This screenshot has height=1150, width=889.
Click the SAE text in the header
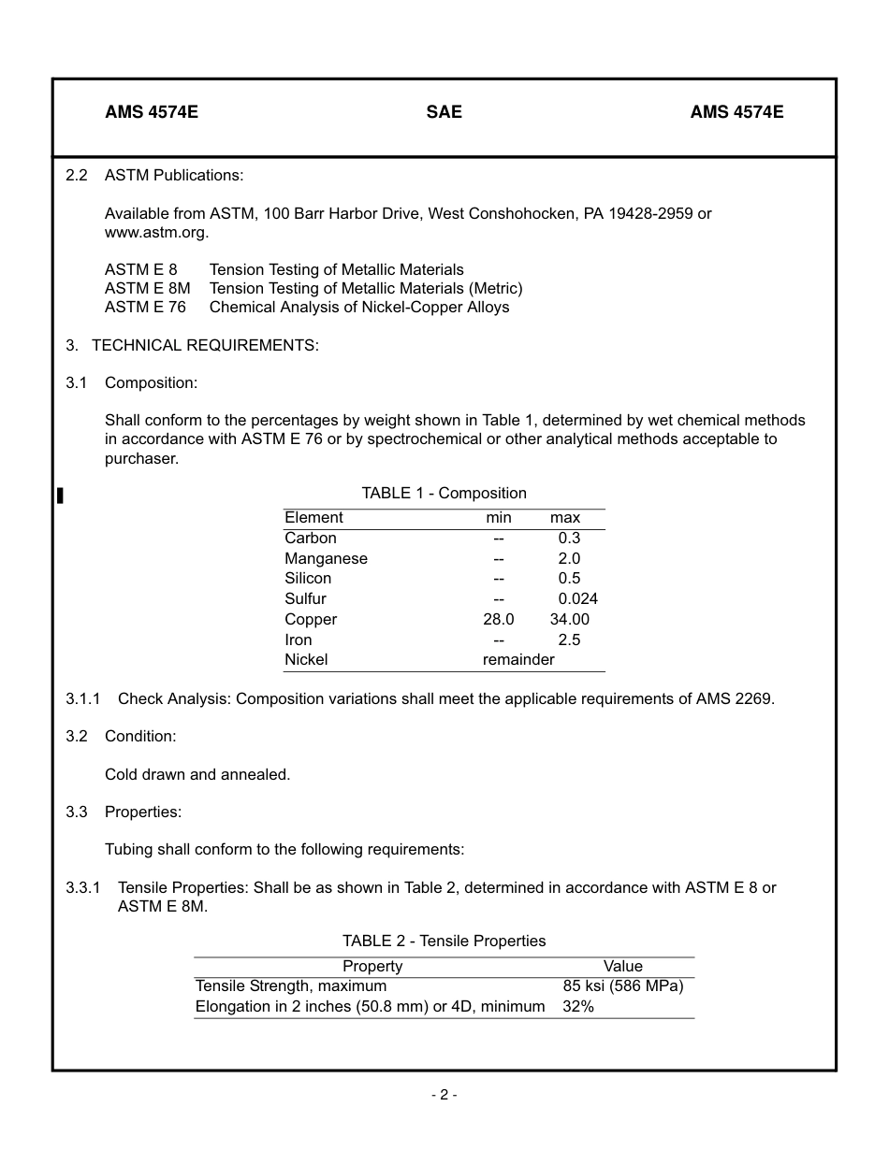tap(444, 112)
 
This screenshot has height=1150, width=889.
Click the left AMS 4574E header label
tap(152, 112)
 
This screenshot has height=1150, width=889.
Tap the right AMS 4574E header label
tap(736, 112)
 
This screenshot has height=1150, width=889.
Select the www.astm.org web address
tap(156, 233)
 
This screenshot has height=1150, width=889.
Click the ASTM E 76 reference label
tap(145, 308)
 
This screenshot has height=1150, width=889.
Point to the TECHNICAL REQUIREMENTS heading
tap(205, 346)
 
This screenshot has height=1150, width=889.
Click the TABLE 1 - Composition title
tap(444, 494)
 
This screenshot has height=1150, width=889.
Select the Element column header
tap(313, 518)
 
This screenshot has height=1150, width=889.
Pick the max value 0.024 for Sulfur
tap(577, 599)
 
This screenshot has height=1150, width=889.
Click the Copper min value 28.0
tap(498, 620)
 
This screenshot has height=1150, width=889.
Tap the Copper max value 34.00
tap(569, 620)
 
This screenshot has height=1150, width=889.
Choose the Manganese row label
tap(326, 559)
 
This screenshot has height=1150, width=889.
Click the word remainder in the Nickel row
tap(518, 660)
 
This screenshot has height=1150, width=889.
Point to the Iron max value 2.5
tap(569, 640)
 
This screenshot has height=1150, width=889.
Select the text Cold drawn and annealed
tap(197, 775)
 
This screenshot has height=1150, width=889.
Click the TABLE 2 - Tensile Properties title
tap(444, 942)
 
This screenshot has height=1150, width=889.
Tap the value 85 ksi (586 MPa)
tap(622, 986)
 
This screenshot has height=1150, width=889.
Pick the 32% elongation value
tap(578, 1007)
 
